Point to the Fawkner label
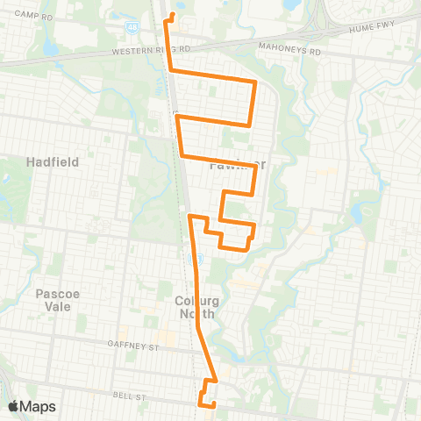(237, 164)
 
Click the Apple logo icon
(14, 406)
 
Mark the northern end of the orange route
(173, 15)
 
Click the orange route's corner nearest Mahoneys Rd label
(255, 82)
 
